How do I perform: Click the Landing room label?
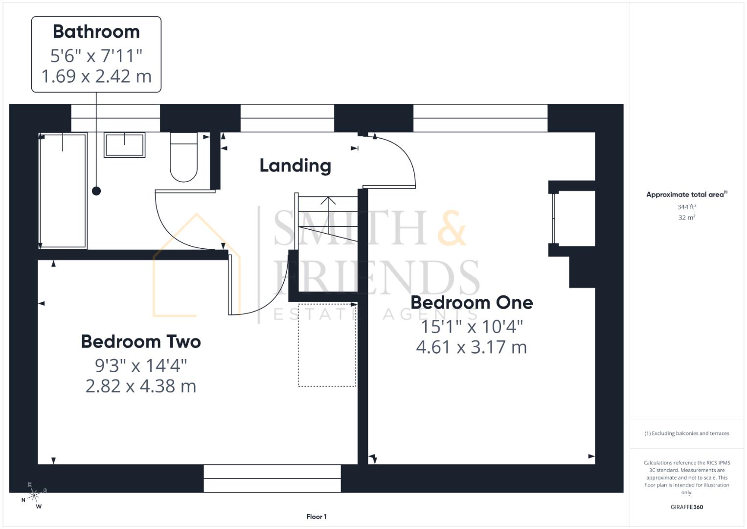[295, 166]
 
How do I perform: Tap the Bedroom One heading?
[472, 303]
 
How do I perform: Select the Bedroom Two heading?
[141, 342]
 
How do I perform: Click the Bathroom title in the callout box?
[96, 32]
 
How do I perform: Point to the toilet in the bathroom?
[183, 157]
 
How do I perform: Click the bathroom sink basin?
[125, 145]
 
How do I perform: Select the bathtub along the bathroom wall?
[63, 191]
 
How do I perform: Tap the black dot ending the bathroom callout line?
[96, 191]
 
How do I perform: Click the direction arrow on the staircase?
[328, 201]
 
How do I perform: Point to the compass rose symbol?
[34, 496]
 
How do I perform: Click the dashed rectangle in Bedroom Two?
[327, 345]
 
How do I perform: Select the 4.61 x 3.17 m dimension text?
[472, 347]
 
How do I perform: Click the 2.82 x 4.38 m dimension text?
[141, 386]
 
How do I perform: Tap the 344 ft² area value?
[687, 207]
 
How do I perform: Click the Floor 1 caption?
[317, 517]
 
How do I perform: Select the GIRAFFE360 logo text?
[687, 507]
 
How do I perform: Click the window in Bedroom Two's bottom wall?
[272, 479]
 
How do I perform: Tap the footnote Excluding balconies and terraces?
[687, 433]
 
